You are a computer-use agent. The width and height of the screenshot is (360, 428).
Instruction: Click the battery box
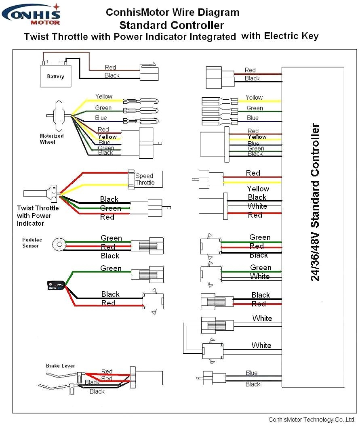click(x=55, y=76)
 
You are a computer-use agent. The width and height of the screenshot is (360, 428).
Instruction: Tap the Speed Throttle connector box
click(x=145, y=179)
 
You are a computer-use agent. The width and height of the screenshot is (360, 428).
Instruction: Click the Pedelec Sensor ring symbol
click(x=59, y=244)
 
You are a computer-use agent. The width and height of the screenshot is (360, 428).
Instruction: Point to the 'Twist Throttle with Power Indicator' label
click(x=38, y=216)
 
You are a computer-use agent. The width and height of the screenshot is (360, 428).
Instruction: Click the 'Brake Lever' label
click(x=60, y=366)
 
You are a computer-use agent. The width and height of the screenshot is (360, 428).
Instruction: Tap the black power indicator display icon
click(x=55, y=285)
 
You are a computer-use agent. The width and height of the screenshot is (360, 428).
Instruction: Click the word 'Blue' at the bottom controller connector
click(x=251, y=373)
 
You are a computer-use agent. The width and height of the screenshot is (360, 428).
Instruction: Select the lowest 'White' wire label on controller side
click(x=261, y=345)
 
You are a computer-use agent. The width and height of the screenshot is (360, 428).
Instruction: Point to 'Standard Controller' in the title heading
click(x=171, y=25)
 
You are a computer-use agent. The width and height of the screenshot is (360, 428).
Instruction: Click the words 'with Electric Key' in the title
click(x=280, y=36)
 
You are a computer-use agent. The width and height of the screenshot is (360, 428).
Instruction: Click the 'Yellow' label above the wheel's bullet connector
click(x=104, y=97)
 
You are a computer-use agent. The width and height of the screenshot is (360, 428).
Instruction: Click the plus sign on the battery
click(x=48, y=62)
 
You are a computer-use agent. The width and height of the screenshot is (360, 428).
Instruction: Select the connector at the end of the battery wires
click(x=149, y=72)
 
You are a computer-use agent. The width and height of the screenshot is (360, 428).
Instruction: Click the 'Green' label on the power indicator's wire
click(x=111, y=268)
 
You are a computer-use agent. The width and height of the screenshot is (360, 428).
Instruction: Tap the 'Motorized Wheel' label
click(x=52, y=139)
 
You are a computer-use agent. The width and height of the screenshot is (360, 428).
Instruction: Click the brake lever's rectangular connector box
click(x=146, y=378)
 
